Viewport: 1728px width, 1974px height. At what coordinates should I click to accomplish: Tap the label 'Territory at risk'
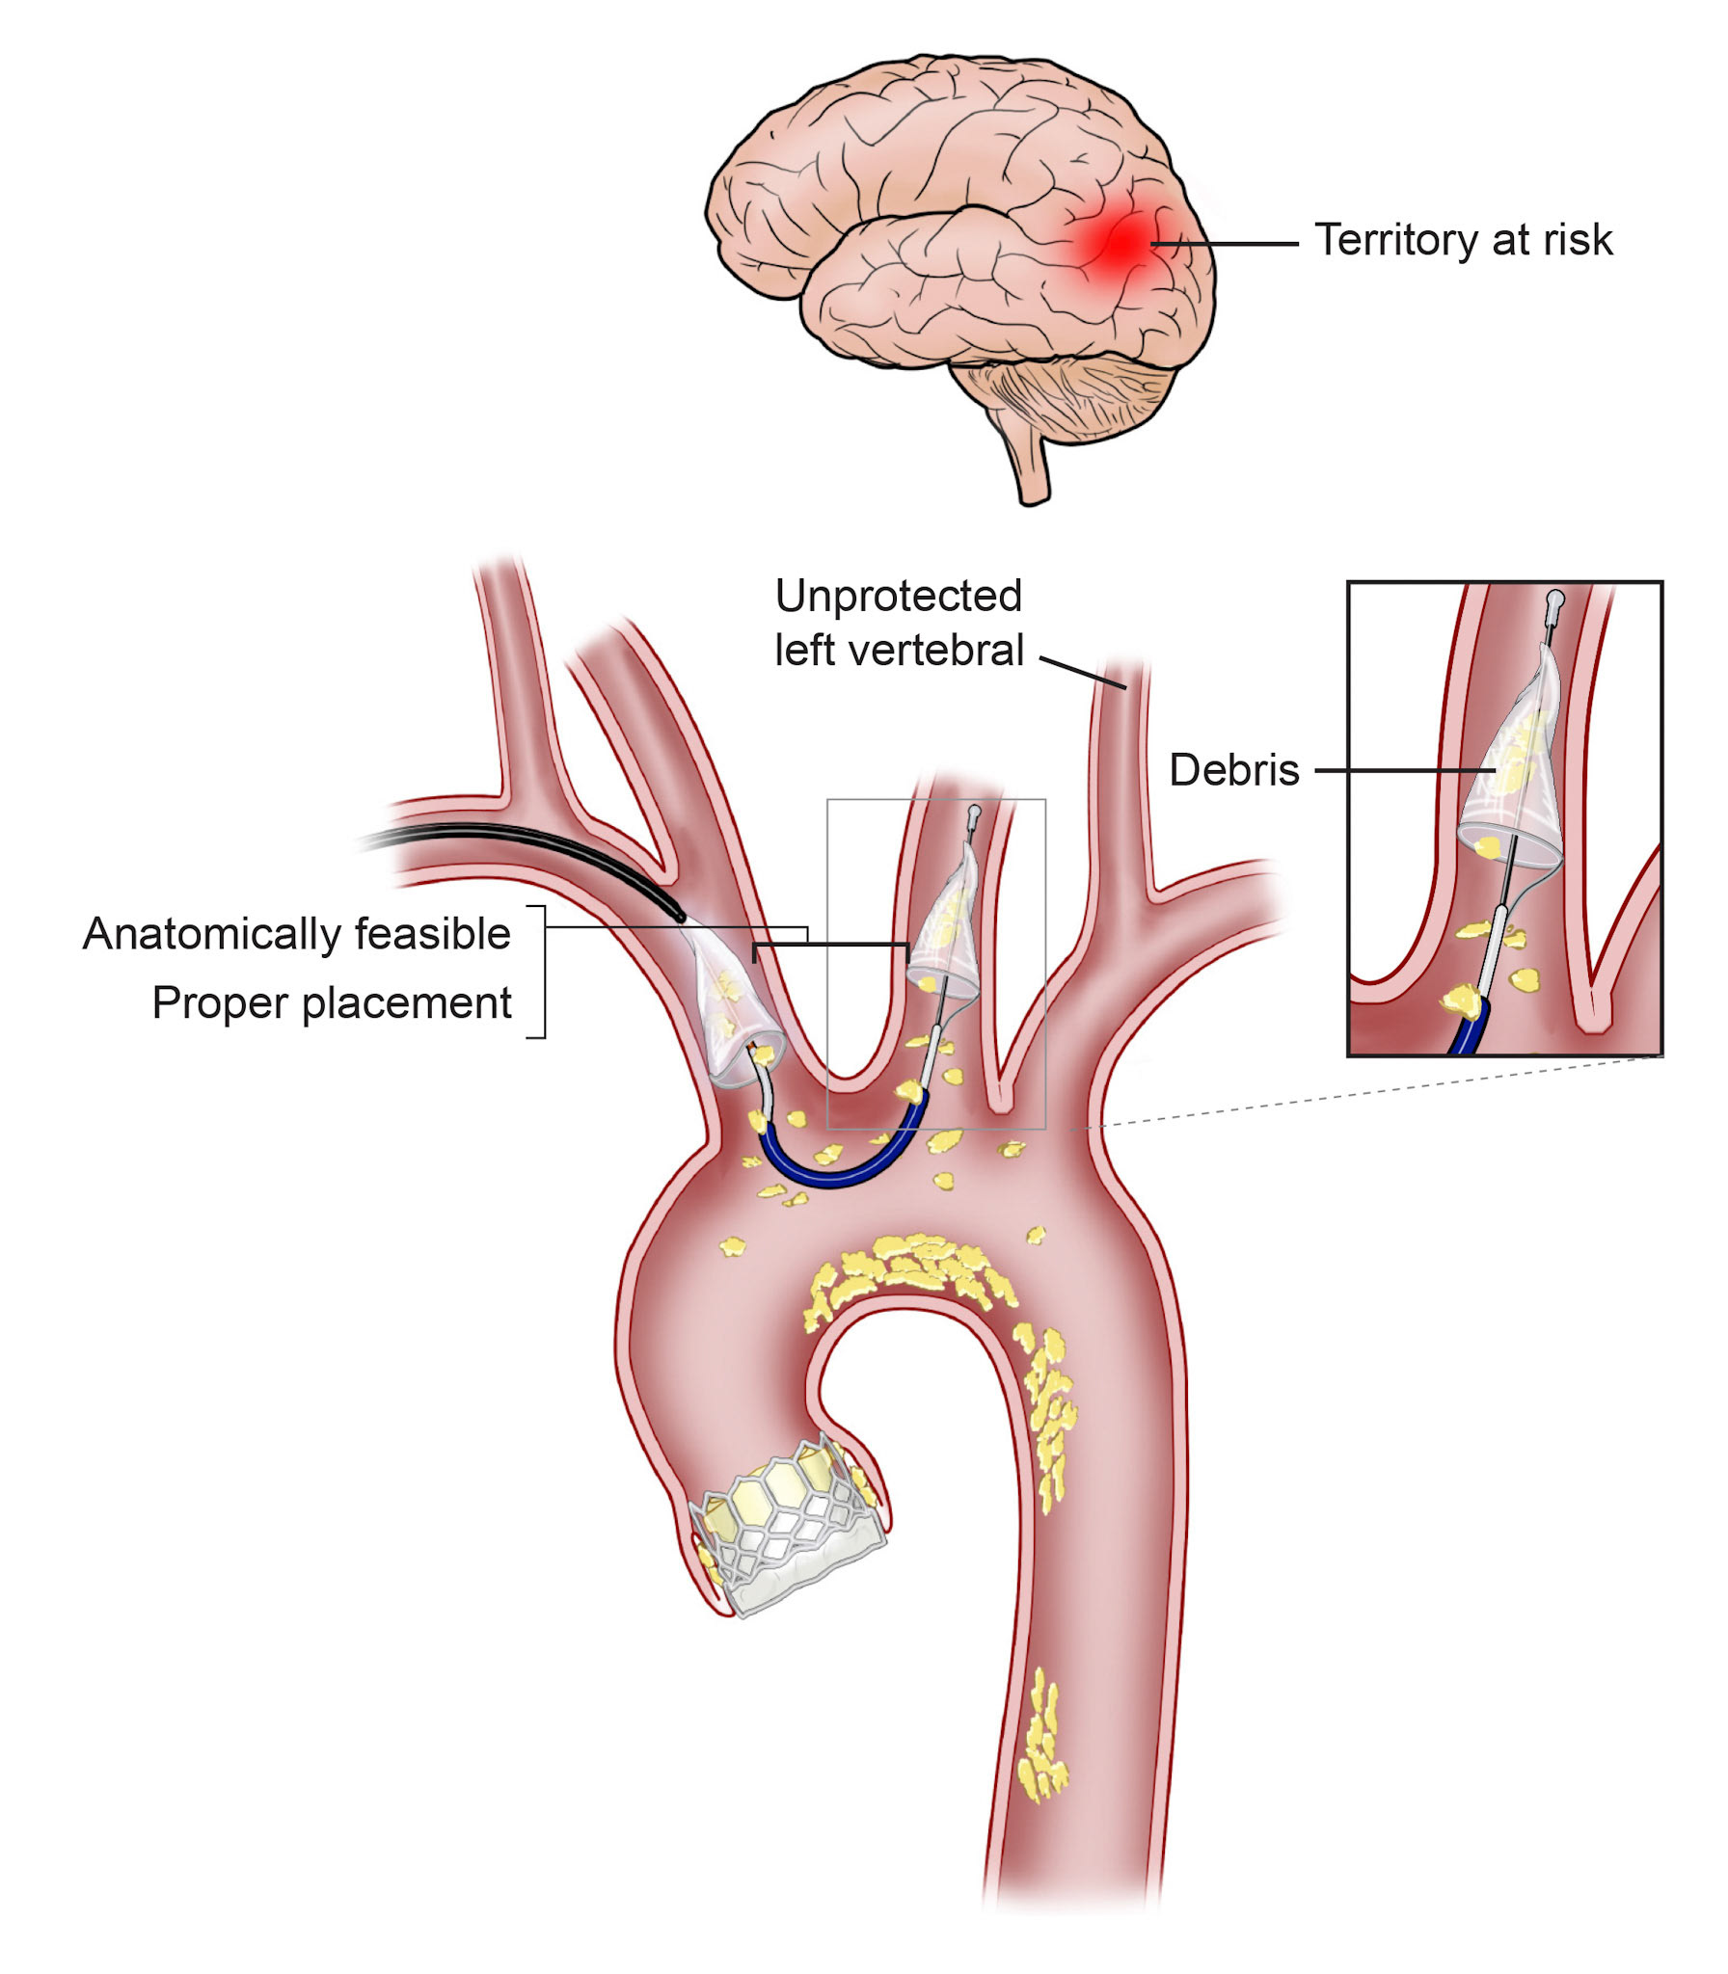click(1463, 240)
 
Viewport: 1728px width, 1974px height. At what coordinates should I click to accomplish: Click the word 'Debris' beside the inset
click(1233, 770)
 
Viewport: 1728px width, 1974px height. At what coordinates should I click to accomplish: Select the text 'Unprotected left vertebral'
click(899, 623)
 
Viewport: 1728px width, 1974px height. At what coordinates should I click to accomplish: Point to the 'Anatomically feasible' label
click(297, 933)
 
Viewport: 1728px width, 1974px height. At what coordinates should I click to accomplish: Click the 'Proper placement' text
click(332, 1002)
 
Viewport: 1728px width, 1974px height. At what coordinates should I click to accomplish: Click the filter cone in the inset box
click(1509, 771)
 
